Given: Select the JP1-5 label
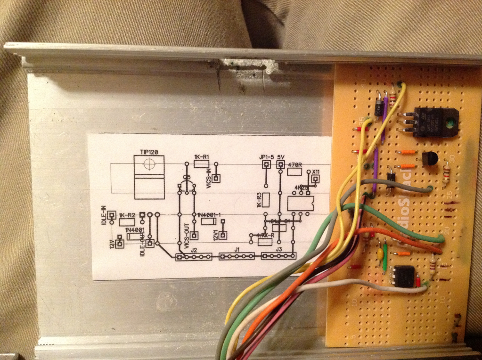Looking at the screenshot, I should (266, 156).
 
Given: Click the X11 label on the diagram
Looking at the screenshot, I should (315, 172).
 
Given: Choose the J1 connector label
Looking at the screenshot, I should (237, 249).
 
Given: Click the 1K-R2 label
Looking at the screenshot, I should (127, 215).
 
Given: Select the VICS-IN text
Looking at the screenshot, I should (208, 179).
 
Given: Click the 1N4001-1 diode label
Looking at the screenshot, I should (208, 215).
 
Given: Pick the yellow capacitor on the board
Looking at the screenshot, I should (380, 255).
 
